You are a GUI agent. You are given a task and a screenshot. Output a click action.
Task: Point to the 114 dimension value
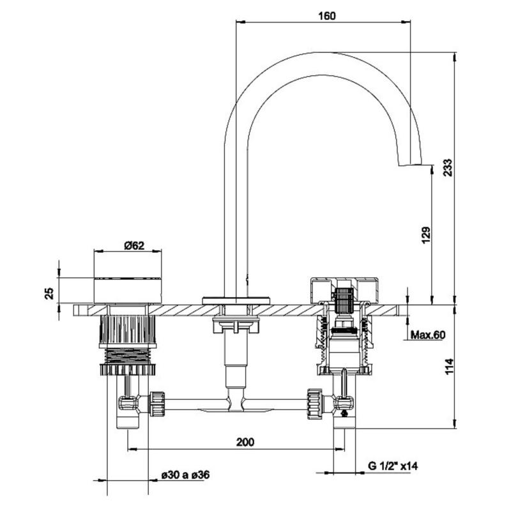point(448,367)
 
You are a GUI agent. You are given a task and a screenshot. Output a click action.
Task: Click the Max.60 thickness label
point(428,334)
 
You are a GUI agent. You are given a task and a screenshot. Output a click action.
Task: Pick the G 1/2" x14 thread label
point(392,466)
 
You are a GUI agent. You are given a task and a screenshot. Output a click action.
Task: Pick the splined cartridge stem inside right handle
point(344,299)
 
